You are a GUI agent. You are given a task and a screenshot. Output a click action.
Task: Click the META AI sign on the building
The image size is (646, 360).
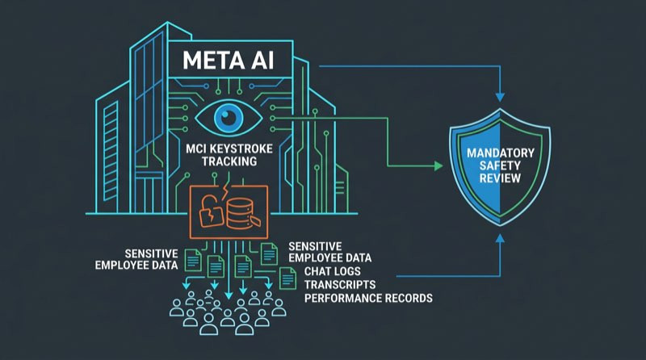230,59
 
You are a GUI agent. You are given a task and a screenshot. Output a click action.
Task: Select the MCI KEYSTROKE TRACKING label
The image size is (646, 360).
229,155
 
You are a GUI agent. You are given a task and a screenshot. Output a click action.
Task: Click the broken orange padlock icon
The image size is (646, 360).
211,211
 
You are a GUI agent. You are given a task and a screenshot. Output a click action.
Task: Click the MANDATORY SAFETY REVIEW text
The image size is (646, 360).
500,165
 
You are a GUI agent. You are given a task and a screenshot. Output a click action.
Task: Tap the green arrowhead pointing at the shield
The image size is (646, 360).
438,166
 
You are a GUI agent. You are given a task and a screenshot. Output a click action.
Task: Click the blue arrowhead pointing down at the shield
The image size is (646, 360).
500,97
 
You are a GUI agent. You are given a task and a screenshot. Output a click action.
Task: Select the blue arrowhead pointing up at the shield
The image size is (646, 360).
500,238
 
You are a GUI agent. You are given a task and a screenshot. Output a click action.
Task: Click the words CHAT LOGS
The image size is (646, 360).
333,271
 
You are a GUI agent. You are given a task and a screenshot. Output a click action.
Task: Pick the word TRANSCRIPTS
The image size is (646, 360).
340,285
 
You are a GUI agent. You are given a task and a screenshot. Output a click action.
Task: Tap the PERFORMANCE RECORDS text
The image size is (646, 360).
368,298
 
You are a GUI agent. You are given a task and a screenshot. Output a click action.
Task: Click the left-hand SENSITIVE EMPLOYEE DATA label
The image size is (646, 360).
136,259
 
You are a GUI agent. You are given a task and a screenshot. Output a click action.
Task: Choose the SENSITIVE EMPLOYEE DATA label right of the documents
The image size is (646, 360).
329,252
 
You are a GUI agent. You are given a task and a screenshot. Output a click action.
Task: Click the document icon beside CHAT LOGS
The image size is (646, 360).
288,278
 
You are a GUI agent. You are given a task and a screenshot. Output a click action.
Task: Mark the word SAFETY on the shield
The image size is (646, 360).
500,165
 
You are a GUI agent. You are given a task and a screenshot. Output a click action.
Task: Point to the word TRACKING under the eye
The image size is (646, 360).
229,161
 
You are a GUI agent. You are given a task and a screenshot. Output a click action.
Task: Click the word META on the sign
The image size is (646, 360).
208,61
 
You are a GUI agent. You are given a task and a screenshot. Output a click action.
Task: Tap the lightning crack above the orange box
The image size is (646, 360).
225,190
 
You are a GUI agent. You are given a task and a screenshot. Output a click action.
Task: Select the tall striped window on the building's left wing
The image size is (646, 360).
111,152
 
